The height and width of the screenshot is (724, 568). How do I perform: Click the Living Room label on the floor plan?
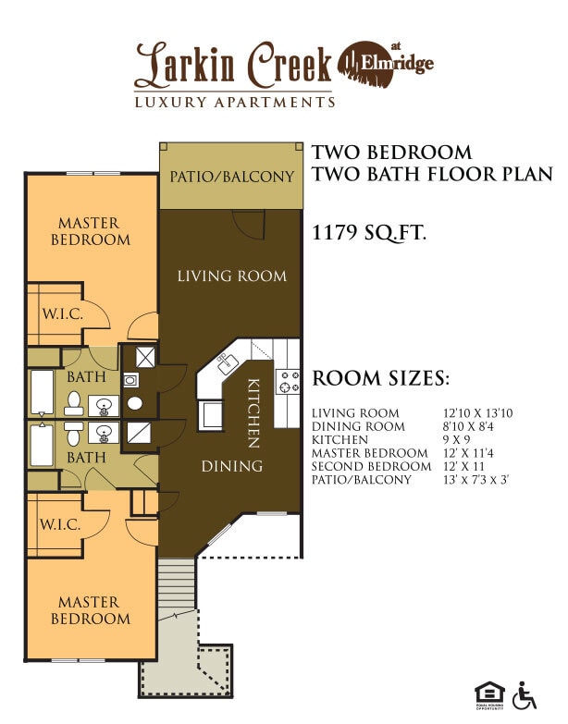coord(231,276)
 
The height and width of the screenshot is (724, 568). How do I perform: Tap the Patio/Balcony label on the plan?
coord(231,176)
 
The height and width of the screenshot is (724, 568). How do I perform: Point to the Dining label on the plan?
coord(231,466)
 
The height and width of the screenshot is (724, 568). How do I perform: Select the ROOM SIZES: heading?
coord(381,378)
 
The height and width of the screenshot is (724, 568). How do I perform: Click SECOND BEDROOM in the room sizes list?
coord(372,467)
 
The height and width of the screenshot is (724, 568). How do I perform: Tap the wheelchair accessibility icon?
coord(525,694)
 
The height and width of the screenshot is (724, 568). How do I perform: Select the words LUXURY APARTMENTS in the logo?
coord(234,102)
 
